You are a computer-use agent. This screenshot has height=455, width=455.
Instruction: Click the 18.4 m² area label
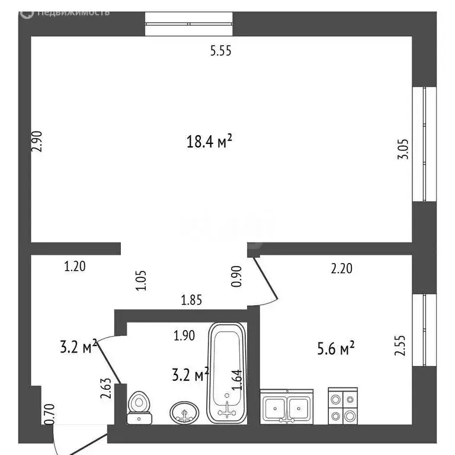click(x=209, y=142)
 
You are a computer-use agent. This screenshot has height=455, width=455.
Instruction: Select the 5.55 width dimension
click(x=220, y=51)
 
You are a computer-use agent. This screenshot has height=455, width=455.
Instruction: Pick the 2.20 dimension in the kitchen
click(x=341, y=268)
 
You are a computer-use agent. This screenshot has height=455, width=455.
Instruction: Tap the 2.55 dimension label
click(x=400, y=345)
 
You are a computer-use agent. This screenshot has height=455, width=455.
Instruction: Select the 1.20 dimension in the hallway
click(x=75, y=267)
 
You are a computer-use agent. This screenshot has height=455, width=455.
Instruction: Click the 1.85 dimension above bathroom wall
click(x=191, y=300)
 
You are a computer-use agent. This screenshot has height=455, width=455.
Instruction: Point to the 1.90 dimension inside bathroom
click(x=184, y=336)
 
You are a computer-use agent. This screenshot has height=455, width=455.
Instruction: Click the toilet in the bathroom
click(x=140, y=407)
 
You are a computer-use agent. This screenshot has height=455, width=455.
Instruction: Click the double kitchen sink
click(x=287, y=407)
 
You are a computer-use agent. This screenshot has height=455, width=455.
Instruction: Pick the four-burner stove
click(x=343, y=406)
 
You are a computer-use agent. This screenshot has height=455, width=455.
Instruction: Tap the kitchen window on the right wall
click(x=425, y=329)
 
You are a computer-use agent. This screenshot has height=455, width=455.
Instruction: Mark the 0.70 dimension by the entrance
click(x=48, y=414)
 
